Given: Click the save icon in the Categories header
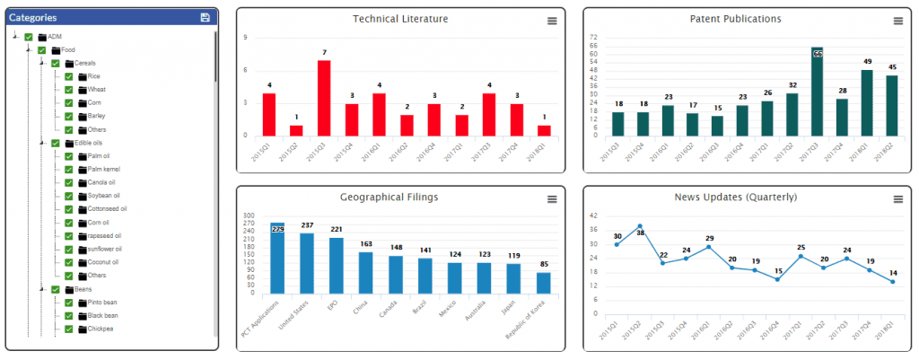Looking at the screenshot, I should tap(206, 17).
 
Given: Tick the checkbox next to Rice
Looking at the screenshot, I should tap(69, 76).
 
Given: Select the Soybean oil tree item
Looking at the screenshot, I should tap(105, 196).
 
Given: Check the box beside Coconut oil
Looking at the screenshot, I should tap(69, 262).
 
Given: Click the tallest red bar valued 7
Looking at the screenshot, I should tap(324, 98).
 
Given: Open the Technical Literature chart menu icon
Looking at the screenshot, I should tap(552, 21).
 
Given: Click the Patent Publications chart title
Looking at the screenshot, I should tap(735, 19).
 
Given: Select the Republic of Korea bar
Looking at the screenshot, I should tap(544, 282).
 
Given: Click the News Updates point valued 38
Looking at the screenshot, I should tap(640, 226).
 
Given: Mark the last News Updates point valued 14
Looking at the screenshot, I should tap(892, 281).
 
